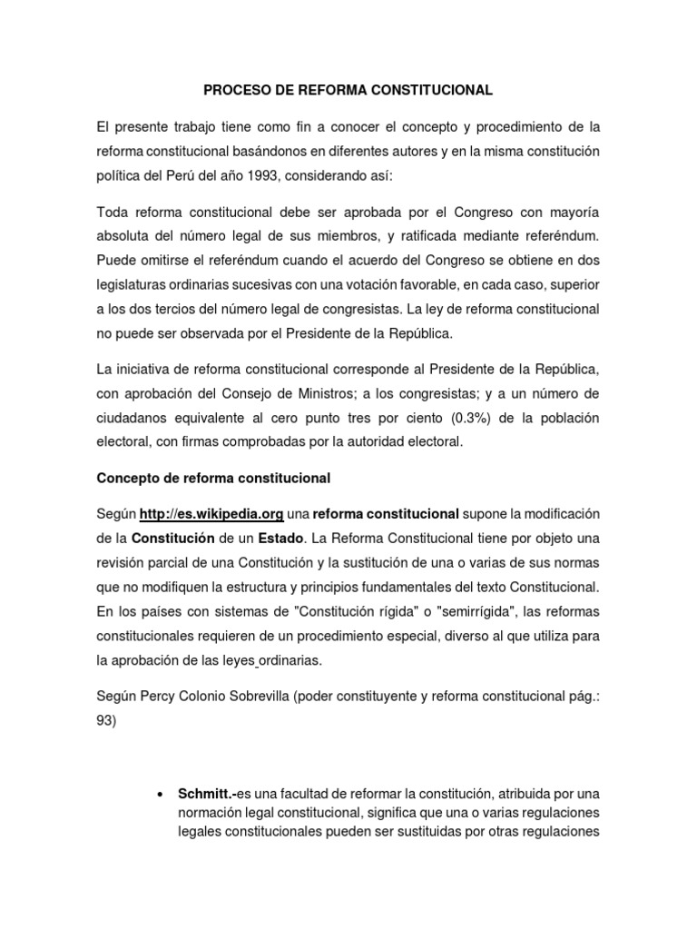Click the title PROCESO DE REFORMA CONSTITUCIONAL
[x=348, y=90]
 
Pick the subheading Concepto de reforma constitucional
[x=213, y=477]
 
